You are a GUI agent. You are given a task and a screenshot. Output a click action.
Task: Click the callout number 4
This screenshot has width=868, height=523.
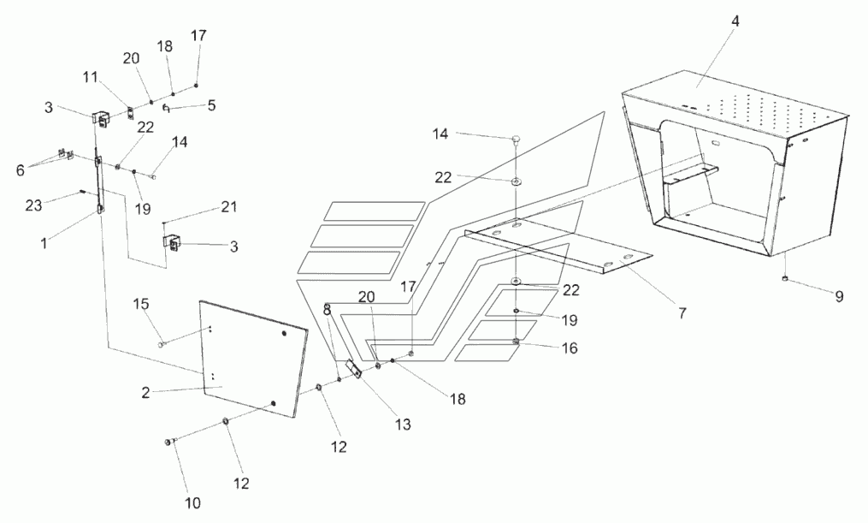(x=735, y=21)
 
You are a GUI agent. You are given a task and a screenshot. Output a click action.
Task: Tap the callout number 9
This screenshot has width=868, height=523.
(x=839, y=297)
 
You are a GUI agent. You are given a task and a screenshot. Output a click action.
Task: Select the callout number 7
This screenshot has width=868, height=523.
(x=682, y=313)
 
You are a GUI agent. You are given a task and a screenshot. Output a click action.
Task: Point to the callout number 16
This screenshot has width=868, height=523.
(x=570, y=348)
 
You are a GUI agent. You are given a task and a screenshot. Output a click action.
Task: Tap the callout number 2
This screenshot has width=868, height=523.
(x=147, y=393)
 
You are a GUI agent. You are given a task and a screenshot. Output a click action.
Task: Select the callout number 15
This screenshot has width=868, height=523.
(x=141, y=305)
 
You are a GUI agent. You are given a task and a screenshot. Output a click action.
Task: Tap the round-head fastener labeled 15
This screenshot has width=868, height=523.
(x=161, y=343)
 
